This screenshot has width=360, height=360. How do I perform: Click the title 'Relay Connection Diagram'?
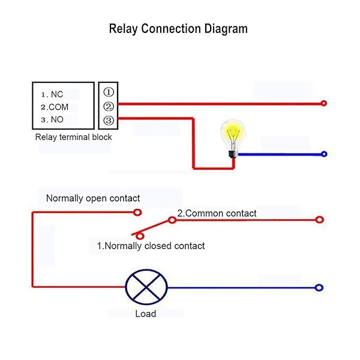[x=178, y=28]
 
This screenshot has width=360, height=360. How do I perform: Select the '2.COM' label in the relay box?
[x=55, y=107]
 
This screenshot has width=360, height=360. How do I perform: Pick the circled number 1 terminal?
[x=109, y=92]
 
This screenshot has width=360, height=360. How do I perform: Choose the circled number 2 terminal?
[x=109, y=106]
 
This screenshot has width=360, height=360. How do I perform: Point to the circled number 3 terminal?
[x=109, y=120]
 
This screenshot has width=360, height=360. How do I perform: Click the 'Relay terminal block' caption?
[x=73, y=137]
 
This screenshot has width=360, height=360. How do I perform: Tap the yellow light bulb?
[x=232, y=135]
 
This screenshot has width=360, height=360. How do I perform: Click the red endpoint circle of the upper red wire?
[x=324, y=103]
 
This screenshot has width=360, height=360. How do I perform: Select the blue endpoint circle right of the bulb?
[x=324, y=154]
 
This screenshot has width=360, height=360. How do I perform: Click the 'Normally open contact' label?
[x=93, y=198]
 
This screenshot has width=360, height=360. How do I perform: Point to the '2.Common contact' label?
[x=217, y=213]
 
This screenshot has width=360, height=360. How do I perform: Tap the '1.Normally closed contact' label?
[x=151, y=246]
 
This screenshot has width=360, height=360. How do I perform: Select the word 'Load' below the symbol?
[x=145, y=314]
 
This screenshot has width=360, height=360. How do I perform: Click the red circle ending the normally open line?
[x=138, y=212]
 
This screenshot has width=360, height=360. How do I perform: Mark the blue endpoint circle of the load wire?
[x=319, y=288]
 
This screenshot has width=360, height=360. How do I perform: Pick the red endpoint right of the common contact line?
[x=319, y=220]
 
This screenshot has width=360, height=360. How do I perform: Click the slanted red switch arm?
[x=155, y=227]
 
